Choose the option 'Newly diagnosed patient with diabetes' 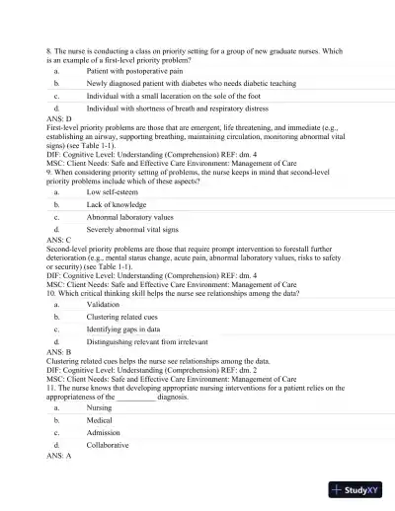[163, 85]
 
